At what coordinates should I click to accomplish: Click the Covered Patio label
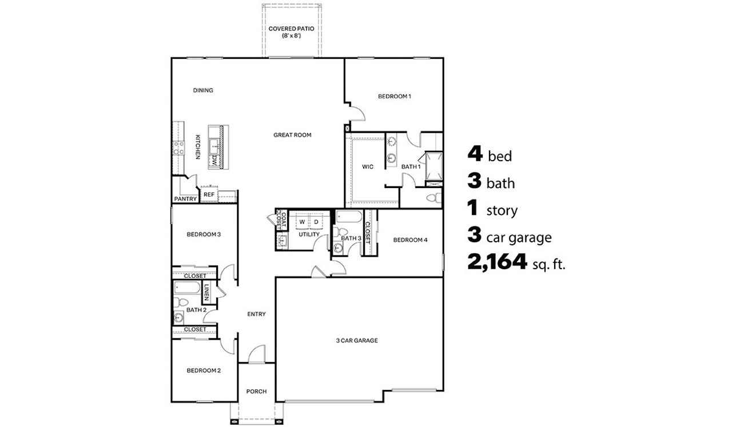(292, 31)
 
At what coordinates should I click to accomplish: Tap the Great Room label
(292, 135)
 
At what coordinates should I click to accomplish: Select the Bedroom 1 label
(395, 97)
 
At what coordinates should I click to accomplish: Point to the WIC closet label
(368, 167)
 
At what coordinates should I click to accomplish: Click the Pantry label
(185, 199)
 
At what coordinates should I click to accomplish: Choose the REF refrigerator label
(209, 195)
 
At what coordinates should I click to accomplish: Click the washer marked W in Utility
(301, 222)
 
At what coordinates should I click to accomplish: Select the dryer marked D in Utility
(316, 222)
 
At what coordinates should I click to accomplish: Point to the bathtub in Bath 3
(348, 217)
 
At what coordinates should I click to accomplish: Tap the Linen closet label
(206, 293)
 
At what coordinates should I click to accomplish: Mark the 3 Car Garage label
(357, 341)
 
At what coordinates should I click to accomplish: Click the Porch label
(256, 392)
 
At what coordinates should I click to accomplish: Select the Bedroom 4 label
(410, 240)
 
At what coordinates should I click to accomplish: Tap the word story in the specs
(502, 211)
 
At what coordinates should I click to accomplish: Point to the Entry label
(256, 314)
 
